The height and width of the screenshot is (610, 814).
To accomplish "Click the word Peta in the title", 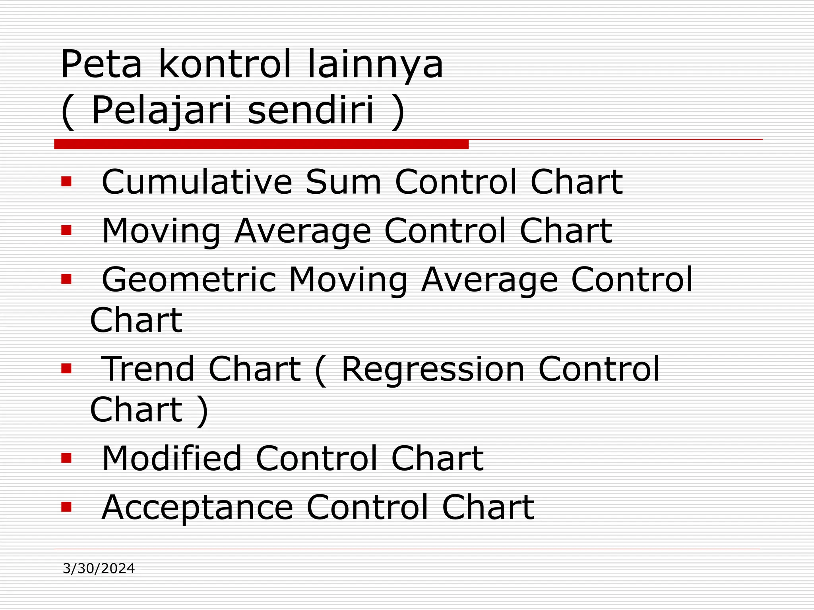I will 101,64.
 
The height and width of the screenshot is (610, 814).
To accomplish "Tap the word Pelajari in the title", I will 161,111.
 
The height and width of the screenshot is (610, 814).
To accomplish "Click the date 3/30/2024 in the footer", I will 99,569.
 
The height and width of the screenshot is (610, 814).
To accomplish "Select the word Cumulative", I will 197,182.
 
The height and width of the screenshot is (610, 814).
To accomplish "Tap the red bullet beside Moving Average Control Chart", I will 66,230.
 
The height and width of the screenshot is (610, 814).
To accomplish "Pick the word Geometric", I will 189,280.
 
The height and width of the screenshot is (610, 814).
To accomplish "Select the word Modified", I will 172,458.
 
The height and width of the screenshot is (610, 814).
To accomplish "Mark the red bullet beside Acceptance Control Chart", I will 66,507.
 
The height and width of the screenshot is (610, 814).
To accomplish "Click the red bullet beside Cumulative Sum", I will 66,181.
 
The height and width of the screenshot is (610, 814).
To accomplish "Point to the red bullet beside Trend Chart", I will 66,369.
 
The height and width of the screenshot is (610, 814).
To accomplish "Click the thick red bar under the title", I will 261,144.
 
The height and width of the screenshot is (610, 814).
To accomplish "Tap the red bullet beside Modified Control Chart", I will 66,458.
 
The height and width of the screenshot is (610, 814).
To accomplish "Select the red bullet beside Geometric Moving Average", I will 66,280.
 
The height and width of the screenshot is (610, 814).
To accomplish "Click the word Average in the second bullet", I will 302,231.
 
